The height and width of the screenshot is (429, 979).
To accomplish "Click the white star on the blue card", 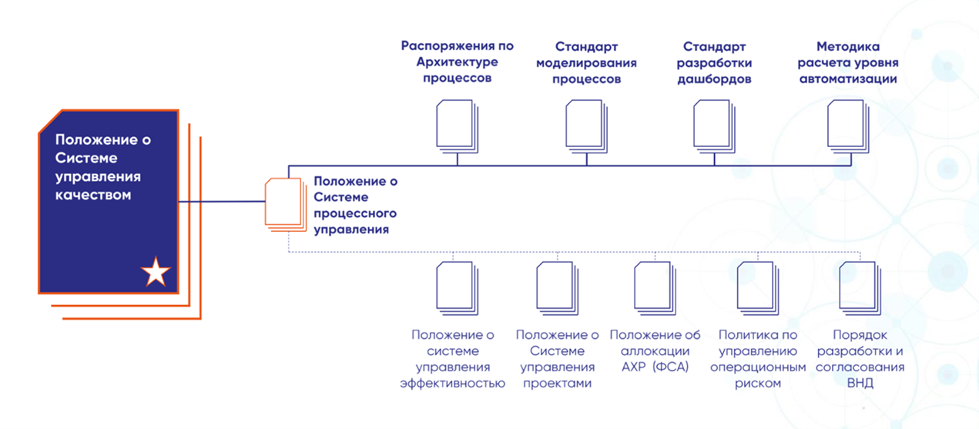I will click(156, 272).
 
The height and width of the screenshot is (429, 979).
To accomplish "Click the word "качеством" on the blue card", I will click(93, 195).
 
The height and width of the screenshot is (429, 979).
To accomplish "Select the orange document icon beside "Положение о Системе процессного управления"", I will click(283, 203).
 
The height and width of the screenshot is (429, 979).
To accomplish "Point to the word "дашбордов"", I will click(714, 79).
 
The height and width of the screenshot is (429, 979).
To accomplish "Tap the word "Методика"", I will click(847, 46).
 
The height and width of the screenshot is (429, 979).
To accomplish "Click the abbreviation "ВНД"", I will click(860, 383).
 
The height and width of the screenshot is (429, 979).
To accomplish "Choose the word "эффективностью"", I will click(453, 383).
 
